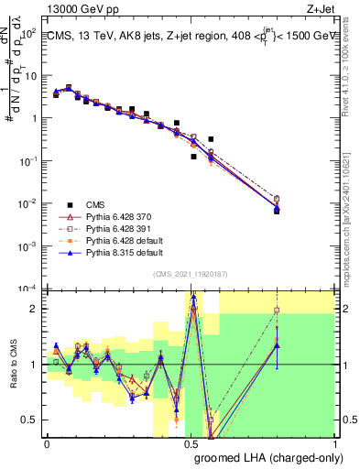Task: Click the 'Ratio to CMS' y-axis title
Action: click(13, 364)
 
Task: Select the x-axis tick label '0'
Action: click(47, 442)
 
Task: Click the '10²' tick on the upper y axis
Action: click(28, 33)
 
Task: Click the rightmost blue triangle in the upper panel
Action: click(277, 210)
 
